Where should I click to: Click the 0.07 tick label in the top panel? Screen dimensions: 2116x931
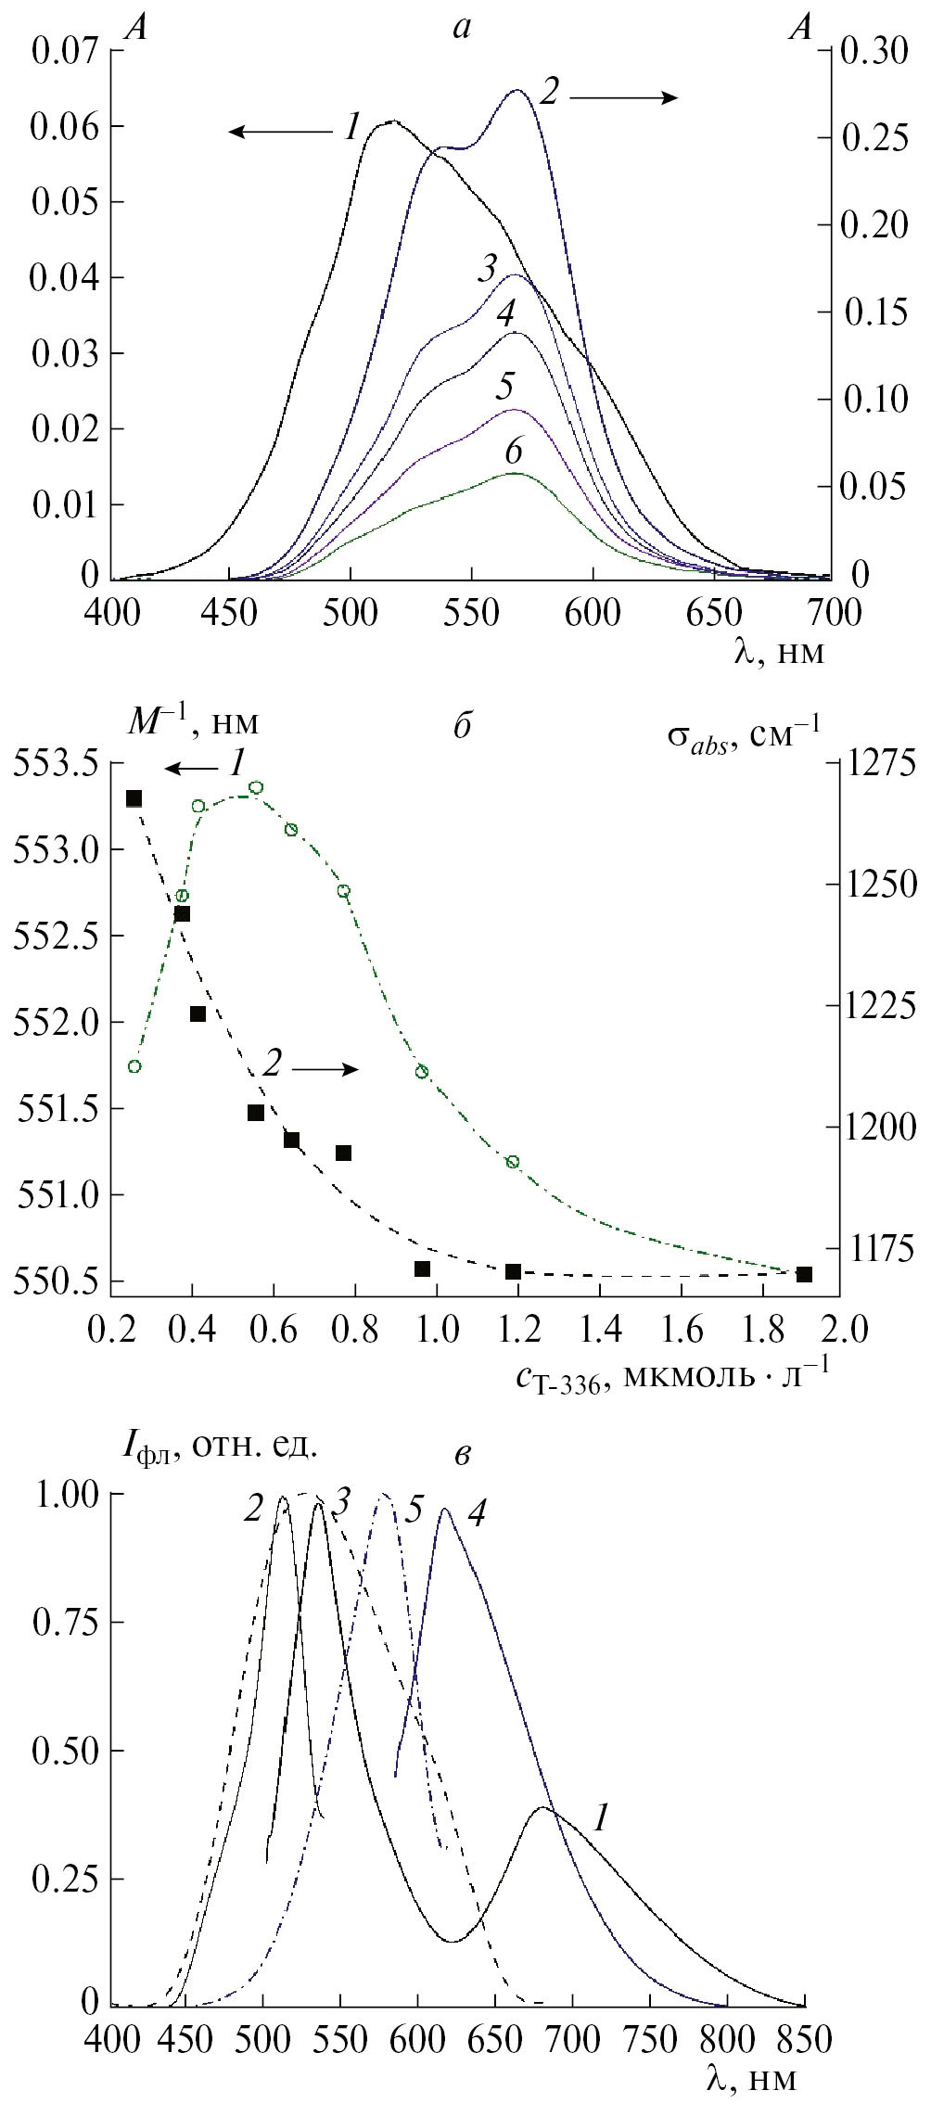click(66, 51)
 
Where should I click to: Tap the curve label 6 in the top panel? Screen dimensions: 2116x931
click(514, 452)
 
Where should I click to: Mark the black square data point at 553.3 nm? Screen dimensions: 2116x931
click(134, 798)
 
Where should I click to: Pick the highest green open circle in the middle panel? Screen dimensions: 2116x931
click(257, 787)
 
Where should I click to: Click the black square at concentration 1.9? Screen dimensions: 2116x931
click(804, 1274)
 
